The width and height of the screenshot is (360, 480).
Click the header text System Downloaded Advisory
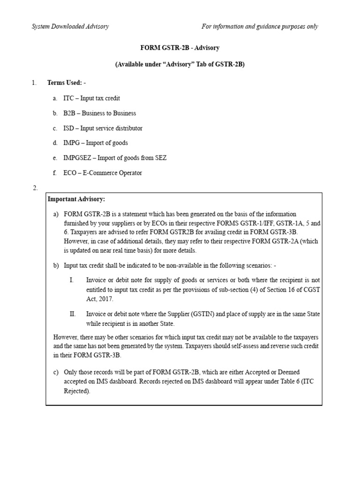point(70,27)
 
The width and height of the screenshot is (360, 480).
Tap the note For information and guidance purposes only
point(260,27)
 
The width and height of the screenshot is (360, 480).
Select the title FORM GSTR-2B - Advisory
point(180,48)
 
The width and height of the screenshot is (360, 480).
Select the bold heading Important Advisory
point(76,199)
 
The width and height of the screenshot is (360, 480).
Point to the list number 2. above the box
point(35,188)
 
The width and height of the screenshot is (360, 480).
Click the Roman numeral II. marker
point(72,314)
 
